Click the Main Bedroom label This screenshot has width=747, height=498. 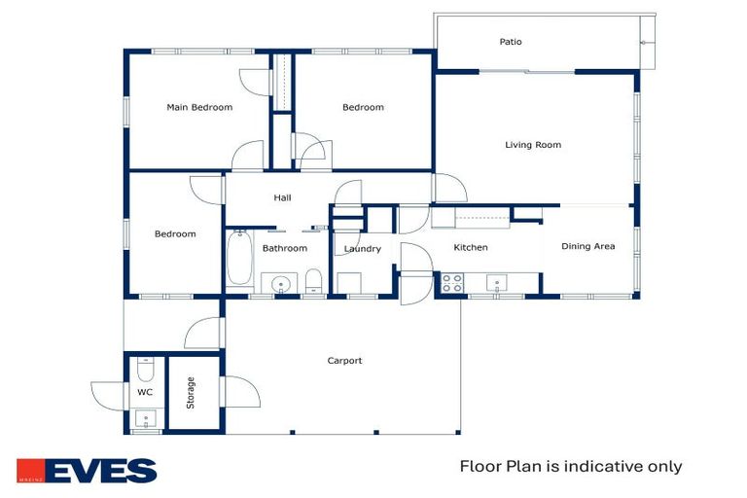pos(199,107)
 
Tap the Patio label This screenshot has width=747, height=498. pos(511,42)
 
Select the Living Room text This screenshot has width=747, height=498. pos(533,145)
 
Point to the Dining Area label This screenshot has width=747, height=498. pos(587,246)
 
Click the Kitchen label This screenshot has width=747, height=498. pos(471,247)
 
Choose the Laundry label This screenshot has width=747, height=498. pos(363,249)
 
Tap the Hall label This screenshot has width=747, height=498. pos(282,197)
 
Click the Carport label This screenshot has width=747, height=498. pos(344,361)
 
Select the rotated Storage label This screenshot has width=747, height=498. pos(191,393)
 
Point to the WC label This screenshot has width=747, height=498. pos(145,392)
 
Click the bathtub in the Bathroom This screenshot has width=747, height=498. pos(239,258)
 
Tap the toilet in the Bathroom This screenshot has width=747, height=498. pos(313,281)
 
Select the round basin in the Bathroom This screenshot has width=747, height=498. pos(280,285)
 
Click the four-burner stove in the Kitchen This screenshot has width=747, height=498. pos(451,283)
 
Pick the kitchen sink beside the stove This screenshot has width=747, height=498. pos(496,283)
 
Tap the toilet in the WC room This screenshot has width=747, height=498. pos(145,369)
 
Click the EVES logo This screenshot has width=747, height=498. pos(87,471)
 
